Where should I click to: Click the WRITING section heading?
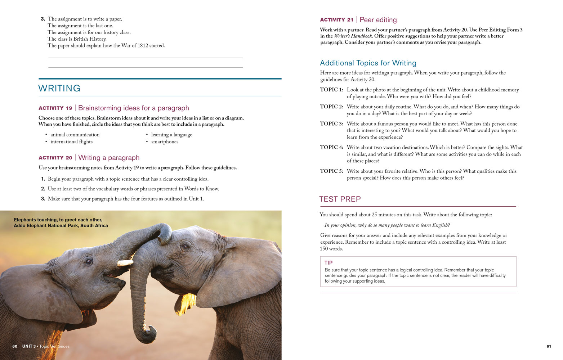pyautogui.click(x=59, y=88)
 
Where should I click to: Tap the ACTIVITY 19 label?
pyautogui.click(x=55, y=108)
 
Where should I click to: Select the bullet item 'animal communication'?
pyautogui.click(x=75, y=135)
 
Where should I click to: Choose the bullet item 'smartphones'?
pyautogui.click(x=165, y=142)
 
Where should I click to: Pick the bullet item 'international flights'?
pyautogui.click(x=71, y=142)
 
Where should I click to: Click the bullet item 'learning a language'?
pyautogui.click(x=171, y=135)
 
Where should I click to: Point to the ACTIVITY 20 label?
pyautogui.click(x=55, y=158)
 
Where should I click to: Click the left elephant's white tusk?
pyautogui.click(x=125, y=263)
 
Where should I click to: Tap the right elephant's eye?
pyautogui.click(x=186, y=247)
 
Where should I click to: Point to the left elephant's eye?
pyautogui.click(x=88, y=261)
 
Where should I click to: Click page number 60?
pyautogui.click(x=15, y=346)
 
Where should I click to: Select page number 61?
pyautogui.click(x=549, y=346)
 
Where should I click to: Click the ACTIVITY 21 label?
pyautogui.click(x=336, y=20)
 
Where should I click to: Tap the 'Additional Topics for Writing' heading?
pyautogui.click(x=368, y=63)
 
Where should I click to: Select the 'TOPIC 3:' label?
pyautogui.click(x=331, y=124)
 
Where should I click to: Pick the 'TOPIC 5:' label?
pyautogui.click(x=331, y=171)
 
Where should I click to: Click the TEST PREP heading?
pyautogui.click(x=340, y=199)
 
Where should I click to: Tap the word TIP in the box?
pyautogui.click(x=328, y=263)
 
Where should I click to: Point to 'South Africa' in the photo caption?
pyautogui.click(x=94, y=226)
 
